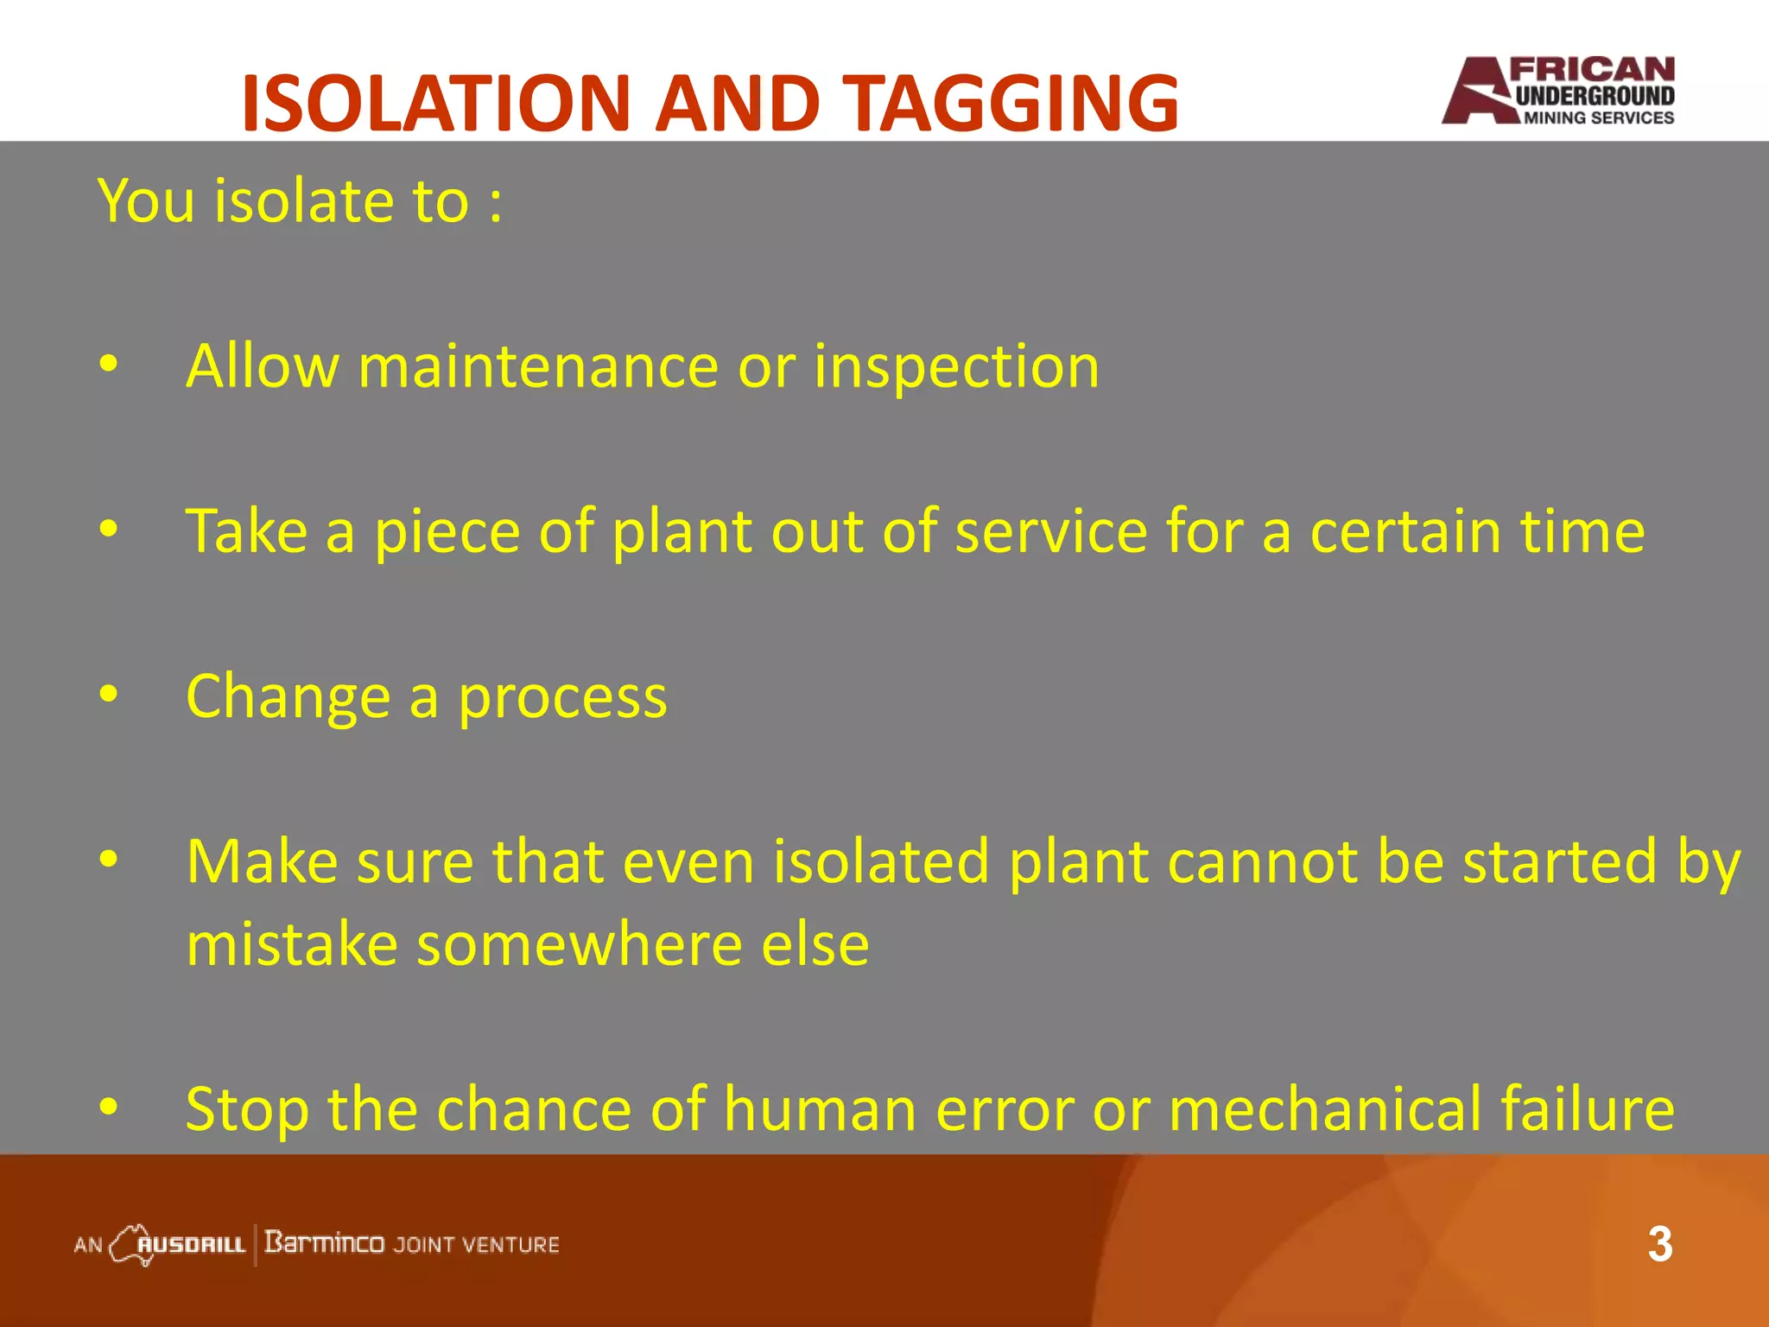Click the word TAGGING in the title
coord(1010,104)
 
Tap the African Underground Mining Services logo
coord(1558,91)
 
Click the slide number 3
coord(1659,1245)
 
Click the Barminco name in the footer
coord(324,1243)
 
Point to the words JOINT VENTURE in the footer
coord(476,1245)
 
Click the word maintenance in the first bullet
coord(537,366)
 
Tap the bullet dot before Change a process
coord(108,694)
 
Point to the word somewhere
coord(580,944)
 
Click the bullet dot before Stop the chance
coord(108,1107)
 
